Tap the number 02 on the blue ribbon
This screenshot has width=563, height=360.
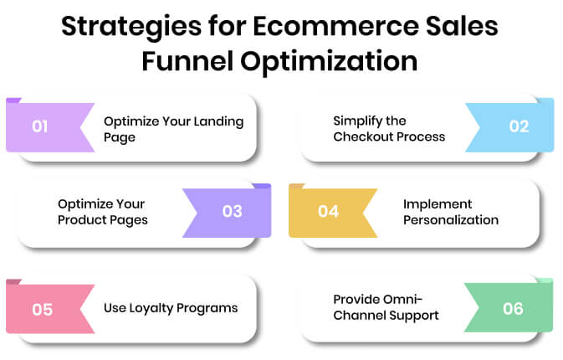pos(519,127)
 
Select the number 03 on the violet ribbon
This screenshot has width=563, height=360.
pos(232,211)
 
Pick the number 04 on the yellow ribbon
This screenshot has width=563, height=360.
pos(327,211)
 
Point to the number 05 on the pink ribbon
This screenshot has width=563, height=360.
pos(42,308)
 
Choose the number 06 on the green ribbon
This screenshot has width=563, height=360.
pos(513,308)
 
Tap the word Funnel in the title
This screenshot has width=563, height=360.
pos(195,60)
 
